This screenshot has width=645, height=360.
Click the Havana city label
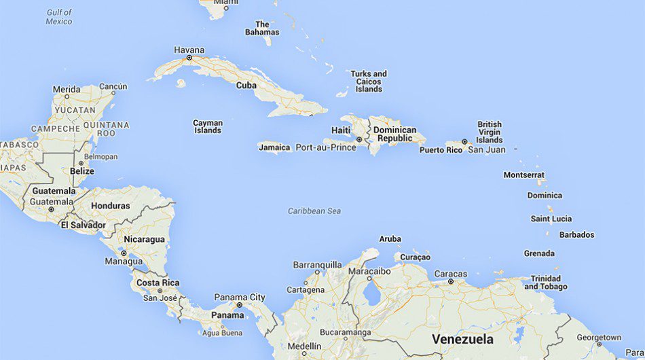(x=189, y=50)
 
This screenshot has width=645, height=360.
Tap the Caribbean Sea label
(x=314, y=211)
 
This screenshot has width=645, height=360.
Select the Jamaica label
(x=274, y=147)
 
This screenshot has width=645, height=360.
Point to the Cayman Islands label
(x=208, y=127)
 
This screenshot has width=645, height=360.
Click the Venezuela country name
(x=462, y=338)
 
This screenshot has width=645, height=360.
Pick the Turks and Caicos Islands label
(x=369, y=82)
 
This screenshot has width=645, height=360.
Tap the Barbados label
(x=576, y=235)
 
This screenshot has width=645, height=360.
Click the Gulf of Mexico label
(x=59, y=17)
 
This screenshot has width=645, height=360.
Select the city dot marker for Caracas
(x=450, y=282)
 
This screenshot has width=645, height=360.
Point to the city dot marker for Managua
(x=124, y=253)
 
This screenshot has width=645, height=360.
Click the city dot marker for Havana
(x=189, y=58)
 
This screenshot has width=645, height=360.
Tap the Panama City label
(x=240, y=298)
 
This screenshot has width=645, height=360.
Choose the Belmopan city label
(x=100, y=157)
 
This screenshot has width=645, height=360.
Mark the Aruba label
(x=390, y=239)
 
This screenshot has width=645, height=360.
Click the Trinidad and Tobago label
(x=545, y=283)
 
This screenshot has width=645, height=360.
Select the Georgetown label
(x=599, y=338)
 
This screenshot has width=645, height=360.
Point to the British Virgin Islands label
(x=489, y=132)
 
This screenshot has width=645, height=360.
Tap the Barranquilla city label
(x=317, y=265)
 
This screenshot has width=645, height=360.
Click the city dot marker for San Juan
(x=464, y=142)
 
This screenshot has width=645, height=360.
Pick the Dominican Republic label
(x=394, y=134)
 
